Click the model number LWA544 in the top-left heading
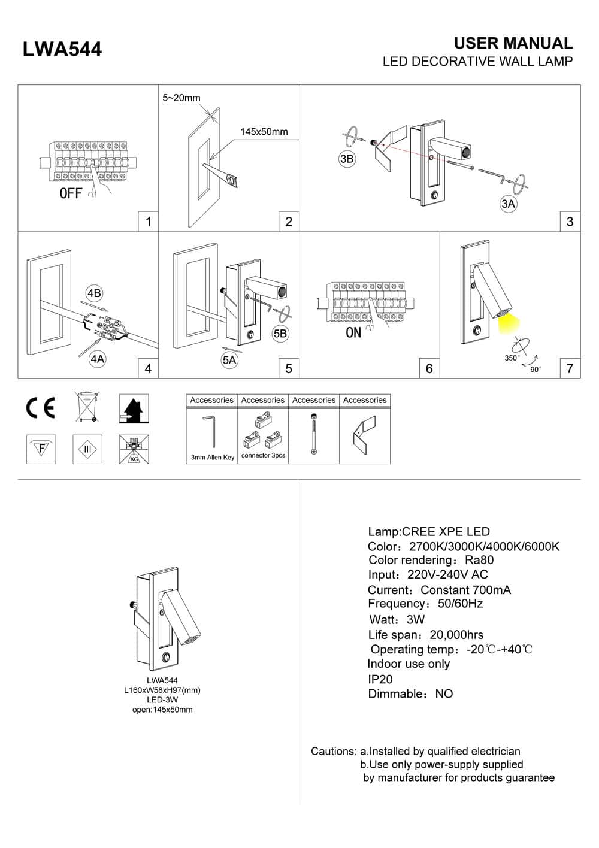pos(62,49)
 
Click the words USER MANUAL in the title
pos(513,43)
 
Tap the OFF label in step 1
pos(71,193)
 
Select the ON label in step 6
pos(353,332)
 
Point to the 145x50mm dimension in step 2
pos(264,132)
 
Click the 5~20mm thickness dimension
pos(181,98)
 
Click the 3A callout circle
pos(508,204)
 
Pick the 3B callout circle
pos(347,159)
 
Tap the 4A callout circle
pos(97,359)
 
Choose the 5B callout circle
pos(280,334)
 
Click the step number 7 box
pos(570,368)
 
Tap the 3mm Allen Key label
pos(212,458)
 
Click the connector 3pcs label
pos(263,456)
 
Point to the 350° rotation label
pos(512,358)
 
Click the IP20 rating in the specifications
pos(380,679)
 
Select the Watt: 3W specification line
pos(397,619)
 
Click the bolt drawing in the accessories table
pos(313,434)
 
